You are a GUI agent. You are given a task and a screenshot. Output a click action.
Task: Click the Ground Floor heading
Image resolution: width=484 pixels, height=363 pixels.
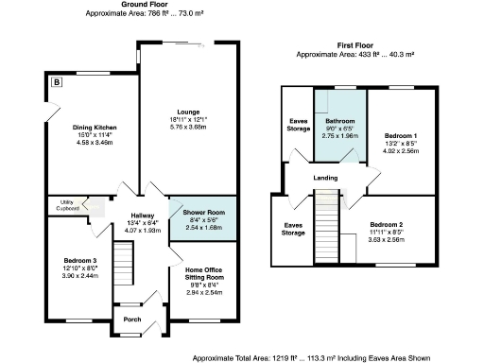coord(140,5)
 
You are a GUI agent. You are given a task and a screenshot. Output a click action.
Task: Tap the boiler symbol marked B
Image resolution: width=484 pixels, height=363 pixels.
coord(57,83)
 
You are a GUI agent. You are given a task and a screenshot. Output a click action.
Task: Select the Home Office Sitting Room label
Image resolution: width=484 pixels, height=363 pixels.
coord(202,273)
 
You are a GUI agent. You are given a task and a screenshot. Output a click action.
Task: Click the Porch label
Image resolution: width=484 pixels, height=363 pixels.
coord(131,319)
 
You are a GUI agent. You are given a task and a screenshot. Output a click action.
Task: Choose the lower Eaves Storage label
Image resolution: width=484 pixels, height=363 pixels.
coord(293,228)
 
